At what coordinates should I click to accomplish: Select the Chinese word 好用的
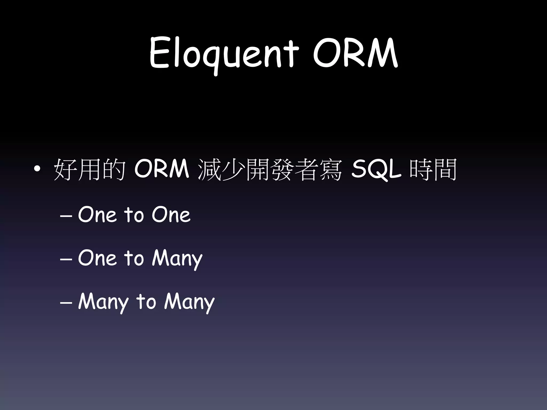click(90, 170)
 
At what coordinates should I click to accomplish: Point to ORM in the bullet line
click(162, 169)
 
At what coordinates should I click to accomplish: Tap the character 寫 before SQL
click(330, 170)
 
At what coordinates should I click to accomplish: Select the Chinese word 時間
click(432, 170)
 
